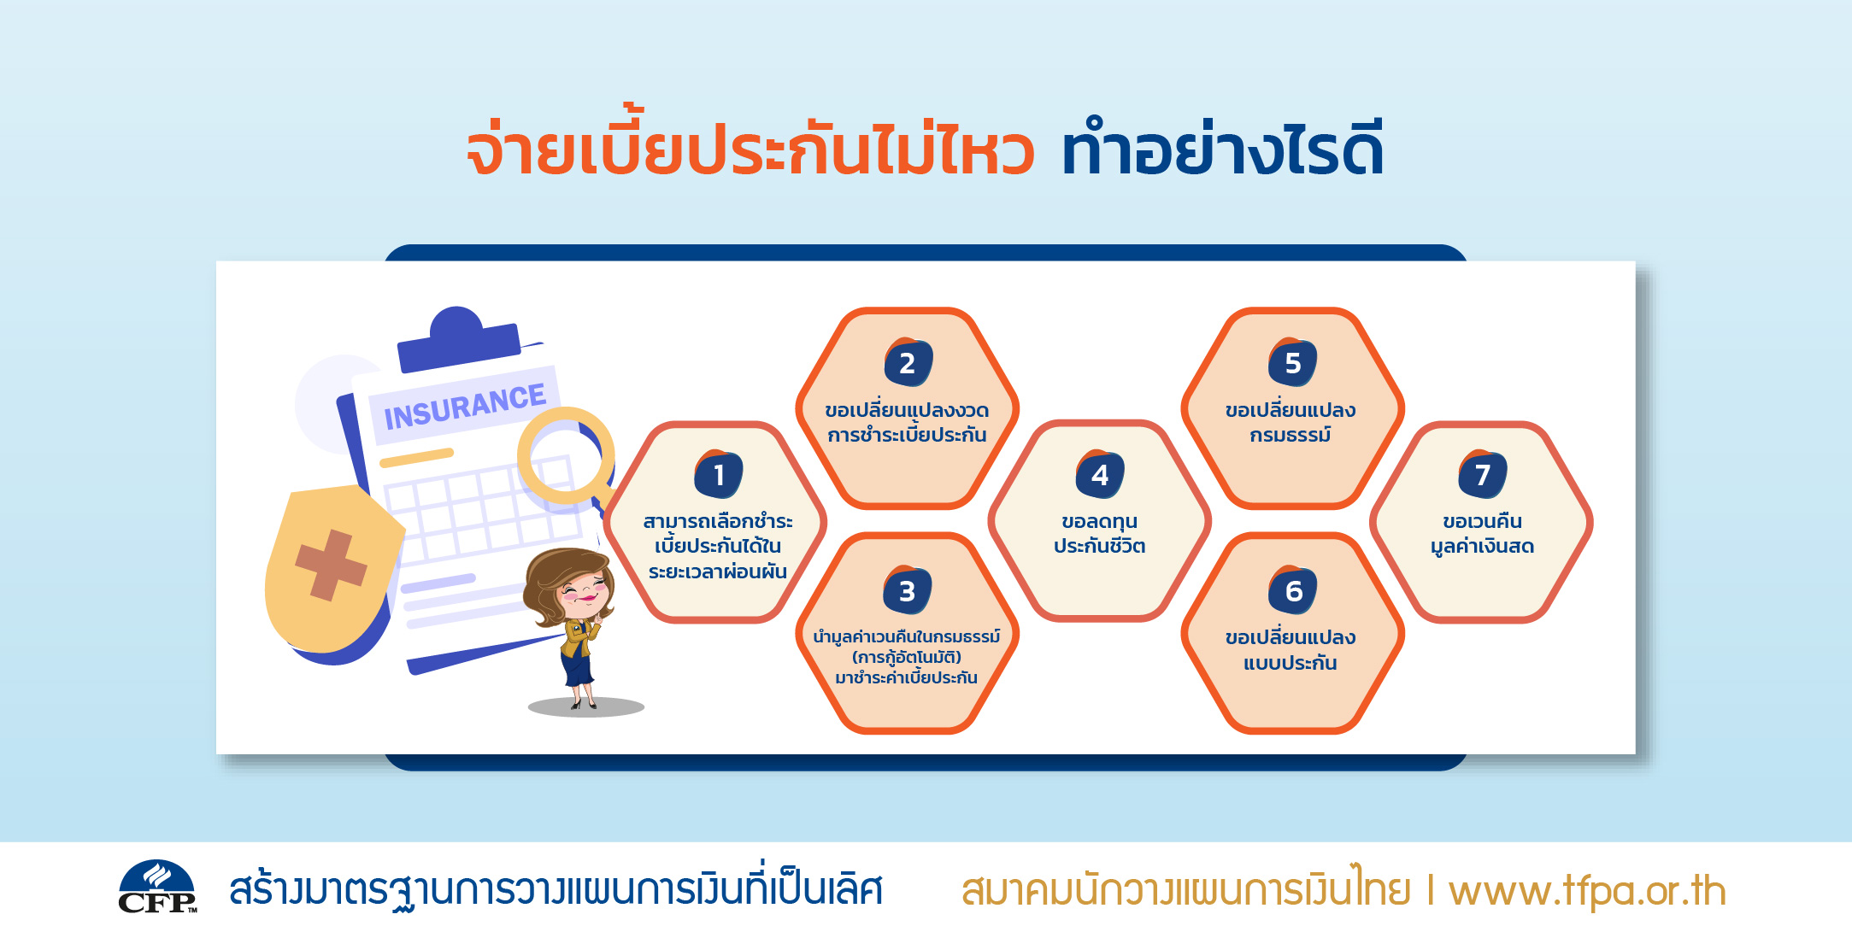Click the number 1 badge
[x=719, y=474]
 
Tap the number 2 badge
[x=908, y=362]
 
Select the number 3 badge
[x=908, y=590]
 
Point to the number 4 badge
[x=1100, y=474]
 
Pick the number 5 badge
[x=1292, y=362]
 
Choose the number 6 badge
[x=1292, y=590]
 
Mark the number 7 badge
[x=1483, y=474]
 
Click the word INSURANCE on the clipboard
[x=465, y=407]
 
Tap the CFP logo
[x=157, y=887]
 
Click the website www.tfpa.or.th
[x=1587, y=891]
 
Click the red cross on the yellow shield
[x=331, y=565]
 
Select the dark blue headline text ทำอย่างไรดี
[x=1222, y=148]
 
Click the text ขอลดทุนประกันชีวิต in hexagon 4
[x=1100, y=534]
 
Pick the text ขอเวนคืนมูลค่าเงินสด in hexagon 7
[x=1483, y=534]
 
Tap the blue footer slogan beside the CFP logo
[x=556, y=889]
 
